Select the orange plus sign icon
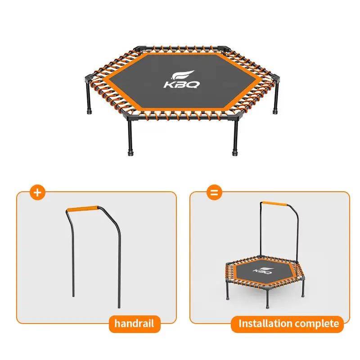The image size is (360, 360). pyautogui.click(x=37, y=192)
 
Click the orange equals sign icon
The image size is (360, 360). pyautogui.click(x=214, y=192)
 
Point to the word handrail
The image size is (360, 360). pyautogui.click(x=134, y=323)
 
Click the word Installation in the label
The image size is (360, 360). pyautogui.click(x=265, y=323)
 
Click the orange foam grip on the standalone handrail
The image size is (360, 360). pyautogui.click(x=83, y=209)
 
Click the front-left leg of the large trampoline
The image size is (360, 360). pyautogui.click(x=130, y=137)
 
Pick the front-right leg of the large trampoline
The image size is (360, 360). pyautogui.click(x=234, y=137)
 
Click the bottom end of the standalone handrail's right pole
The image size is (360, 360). pyautogui.click(x=119, y=306)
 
